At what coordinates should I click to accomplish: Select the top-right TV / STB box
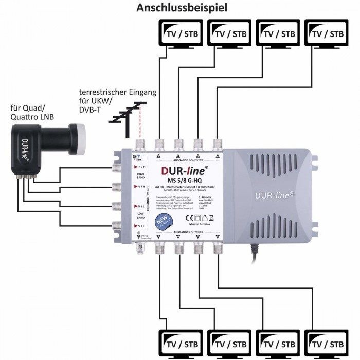(x=325, y=33)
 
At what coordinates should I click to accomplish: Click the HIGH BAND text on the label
(x=139, y=175)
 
